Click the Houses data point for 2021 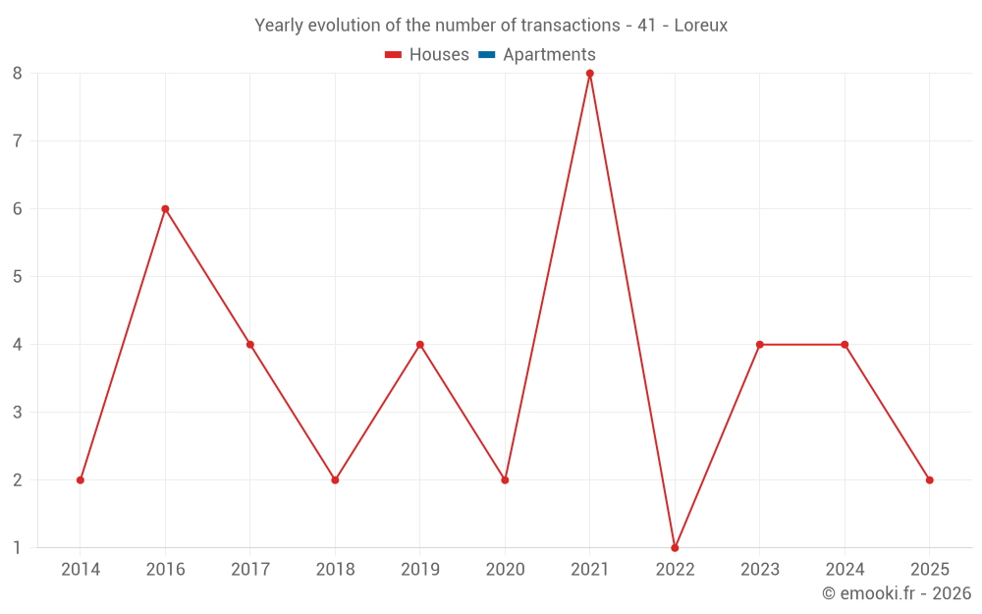pyautogui.click(x=590, y=74)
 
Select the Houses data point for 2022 pyautogui.click(x=675, y=547)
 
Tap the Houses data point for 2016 pyautogui.click(x=165, y=208)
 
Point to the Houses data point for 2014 pyautogui.click(x=81, y=479)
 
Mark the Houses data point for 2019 pyautogui.click(x=420, y=344)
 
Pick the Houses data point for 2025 pyautogui.click(x=929, y=479)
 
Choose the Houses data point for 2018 pyautogui.click(x=335, y=479)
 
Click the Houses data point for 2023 pyautogui.click(x=760, y=344)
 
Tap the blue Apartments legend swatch pyautogui.click(x=486, y=55)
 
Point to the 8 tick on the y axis pyautogui.click(x=18, y=74)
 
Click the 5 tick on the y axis pyautogui.click(x=18, y=276)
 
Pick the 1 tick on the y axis pyautogui.click(x=18, y=547)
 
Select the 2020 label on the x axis pyautogui.click(x=505, y=569)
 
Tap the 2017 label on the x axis pyautogui.click(x=250, y=569)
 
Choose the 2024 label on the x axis pyautogui.click(x=845, y=569)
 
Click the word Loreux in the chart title pyautogui.click(x=701, y=26)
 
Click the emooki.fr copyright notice pyautogui.click(x=897, y=593)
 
